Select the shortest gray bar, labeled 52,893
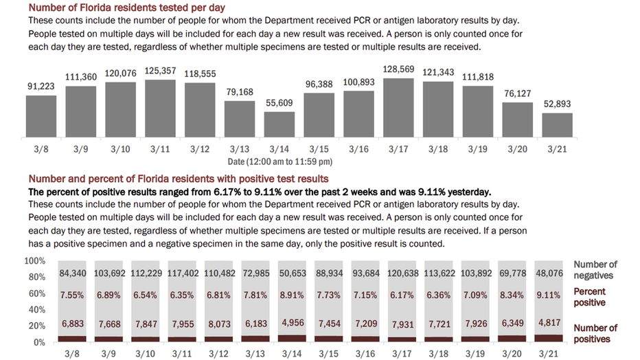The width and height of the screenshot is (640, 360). (557, 126)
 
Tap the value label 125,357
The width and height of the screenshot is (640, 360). (160, 71)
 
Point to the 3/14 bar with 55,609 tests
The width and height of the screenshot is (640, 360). (279, 125)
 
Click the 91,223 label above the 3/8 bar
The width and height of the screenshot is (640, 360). (41, 87)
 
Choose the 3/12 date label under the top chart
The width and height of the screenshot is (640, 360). (200, 149)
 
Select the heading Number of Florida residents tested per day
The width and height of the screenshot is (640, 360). (136, 8)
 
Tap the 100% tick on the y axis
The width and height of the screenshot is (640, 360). (34, 262)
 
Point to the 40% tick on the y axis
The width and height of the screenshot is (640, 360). (36, 310)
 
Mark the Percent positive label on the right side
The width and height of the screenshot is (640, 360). (589, 297)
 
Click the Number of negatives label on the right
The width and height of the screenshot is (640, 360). (595, 269)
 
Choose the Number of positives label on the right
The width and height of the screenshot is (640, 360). (595, 333)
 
